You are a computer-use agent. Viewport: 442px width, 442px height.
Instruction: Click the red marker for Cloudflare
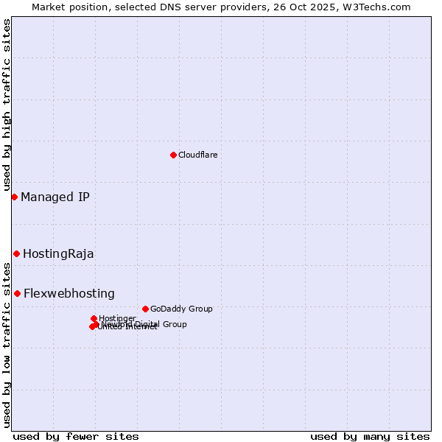[173, 155]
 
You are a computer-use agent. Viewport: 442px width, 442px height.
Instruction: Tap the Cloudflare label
[197, 155]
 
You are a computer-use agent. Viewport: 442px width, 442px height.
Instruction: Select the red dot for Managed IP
[14, 197]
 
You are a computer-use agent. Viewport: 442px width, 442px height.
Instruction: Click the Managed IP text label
[55, 197]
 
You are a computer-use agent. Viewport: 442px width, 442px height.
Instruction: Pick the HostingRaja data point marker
[16, 253]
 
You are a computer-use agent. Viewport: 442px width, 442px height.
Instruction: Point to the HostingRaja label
[58, 254]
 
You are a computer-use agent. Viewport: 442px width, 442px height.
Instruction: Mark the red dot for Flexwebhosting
[17, 293]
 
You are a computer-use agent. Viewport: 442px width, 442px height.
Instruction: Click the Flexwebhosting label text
[69, 293]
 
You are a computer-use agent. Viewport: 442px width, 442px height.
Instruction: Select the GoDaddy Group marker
[145, 309]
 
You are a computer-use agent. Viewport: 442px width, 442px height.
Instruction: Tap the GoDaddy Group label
[181, 309]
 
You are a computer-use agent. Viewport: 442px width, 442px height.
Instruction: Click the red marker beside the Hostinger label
[94, 318]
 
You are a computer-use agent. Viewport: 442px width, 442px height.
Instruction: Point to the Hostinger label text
[117, 318]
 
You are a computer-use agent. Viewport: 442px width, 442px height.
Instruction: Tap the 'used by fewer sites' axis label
[76, 436]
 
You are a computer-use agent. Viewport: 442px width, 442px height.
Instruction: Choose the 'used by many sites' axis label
[370, 436]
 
